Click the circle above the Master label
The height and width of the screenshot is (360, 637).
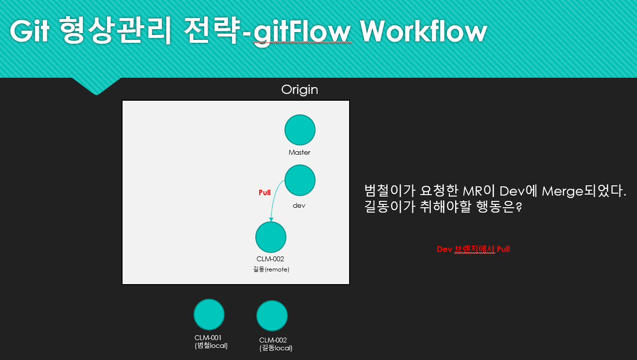300,130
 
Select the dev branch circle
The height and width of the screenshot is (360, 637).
300,180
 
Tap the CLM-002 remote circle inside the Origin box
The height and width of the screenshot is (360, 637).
271,237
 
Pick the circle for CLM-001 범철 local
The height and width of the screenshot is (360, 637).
209,314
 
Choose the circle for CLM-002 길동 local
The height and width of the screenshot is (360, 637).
272,316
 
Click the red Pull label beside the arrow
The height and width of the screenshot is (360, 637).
265,193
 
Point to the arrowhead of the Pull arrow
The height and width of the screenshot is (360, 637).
271,219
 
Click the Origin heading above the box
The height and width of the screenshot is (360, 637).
300,90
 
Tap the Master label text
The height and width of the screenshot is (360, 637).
300,153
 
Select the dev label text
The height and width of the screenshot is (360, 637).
299,205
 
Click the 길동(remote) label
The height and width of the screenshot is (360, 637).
271,269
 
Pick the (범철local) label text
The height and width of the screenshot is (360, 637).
212,345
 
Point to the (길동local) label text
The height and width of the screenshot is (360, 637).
276,348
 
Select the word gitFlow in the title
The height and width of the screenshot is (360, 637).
302,32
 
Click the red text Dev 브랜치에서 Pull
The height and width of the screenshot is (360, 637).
473,249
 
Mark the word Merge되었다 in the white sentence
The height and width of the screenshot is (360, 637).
584,191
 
